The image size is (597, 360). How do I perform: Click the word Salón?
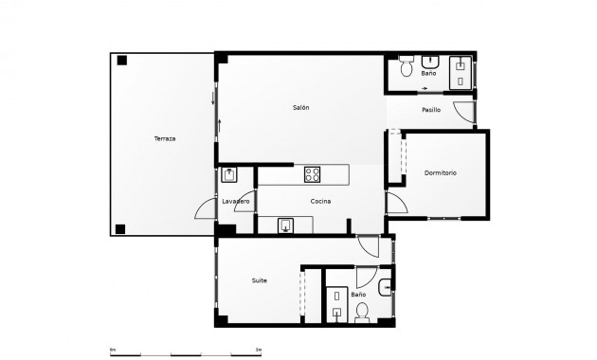pyautogui.click(x=300, y=108)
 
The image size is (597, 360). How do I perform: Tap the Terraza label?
pyautogui.click(x=165, y=138)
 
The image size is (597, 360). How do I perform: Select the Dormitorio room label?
pyautogui.click(x=440, y=172)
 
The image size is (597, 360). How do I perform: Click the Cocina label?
pyautogui.click(x=320, y=202)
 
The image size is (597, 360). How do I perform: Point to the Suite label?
pyautogui.click(x=259, y=280)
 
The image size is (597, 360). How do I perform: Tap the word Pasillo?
pyautogui.click(x=431, y=110)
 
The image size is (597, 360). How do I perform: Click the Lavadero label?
pyautogui.click(x=235, y=202)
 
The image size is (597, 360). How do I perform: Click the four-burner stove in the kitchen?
pyautogui.click(x=312, y=174)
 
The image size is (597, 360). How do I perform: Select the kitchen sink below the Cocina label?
pyautogui.click(x=287, y=225)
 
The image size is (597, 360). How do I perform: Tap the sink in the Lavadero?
pyautogui.click(x=229, y=174)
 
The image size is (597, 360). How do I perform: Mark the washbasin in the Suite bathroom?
pyautogui.click(x=384, y=289)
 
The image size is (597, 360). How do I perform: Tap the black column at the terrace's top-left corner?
pyautogui.click(x=121, y=61)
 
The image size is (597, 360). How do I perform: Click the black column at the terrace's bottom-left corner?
pyautogui.click(x=120, y=227)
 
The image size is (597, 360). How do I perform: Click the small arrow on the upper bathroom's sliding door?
pyautogui.click(x=425, y=89)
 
